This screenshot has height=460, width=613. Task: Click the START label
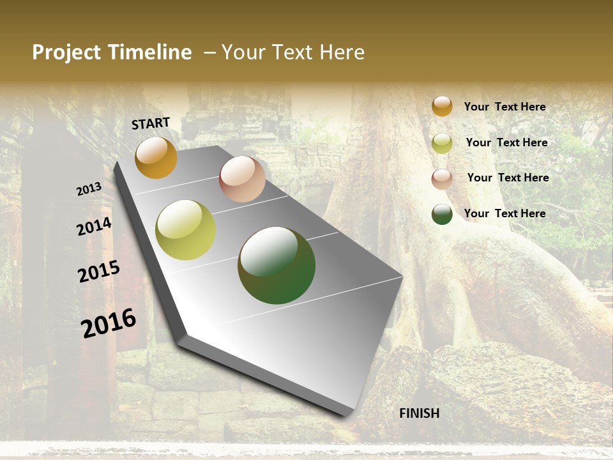coord(151,123)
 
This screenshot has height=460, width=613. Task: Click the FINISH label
coord(420,413)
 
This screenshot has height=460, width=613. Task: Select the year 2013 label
coord(89,189)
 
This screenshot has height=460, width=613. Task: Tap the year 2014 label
coord(94,226)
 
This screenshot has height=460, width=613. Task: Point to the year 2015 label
coord(99,272)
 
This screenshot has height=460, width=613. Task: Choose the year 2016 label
coord(109,323)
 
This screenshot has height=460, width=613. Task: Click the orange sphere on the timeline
coord(156,158)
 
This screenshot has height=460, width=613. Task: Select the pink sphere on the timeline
coord(242,179)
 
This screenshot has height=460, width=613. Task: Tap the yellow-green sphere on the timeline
coord(186,230)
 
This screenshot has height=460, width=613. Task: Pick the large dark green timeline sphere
coord(276,265)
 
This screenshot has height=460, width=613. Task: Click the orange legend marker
coord(442,106)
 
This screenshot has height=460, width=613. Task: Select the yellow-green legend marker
coord(442,143)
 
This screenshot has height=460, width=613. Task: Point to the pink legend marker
coord(442,178)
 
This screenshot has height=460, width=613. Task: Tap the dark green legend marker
coord(442,214)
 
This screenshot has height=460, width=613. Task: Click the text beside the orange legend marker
coord(504,107)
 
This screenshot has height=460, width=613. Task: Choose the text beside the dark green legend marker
coord(504,213)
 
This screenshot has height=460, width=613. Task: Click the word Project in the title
coord(66,52)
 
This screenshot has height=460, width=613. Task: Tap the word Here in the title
coord(342,52)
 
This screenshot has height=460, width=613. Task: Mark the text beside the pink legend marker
coord(508,178)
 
